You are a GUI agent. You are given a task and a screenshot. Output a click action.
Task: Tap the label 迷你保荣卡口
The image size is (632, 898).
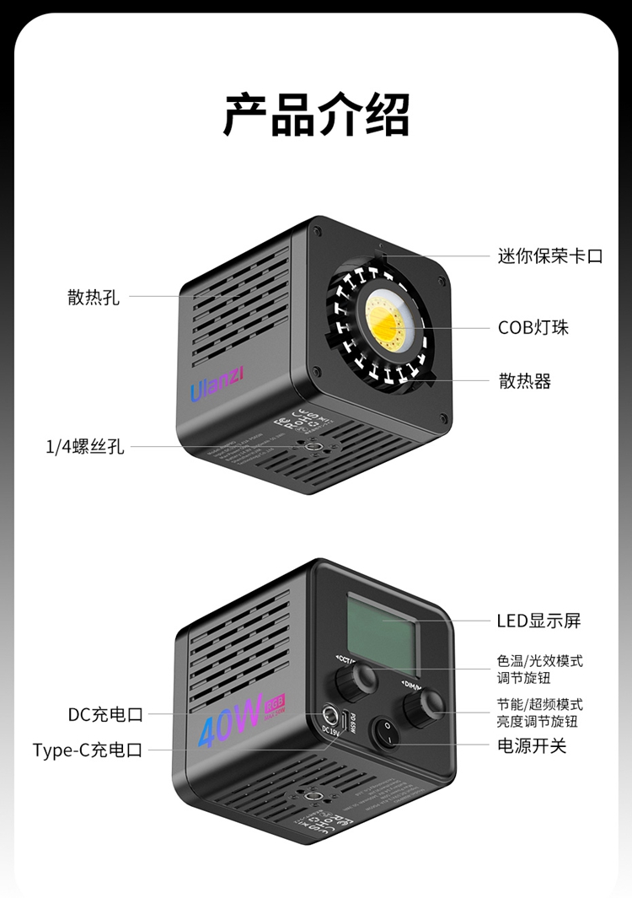point(550,256)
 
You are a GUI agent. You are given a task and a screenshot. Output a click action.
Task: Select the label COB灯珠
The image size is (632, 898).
point(533,327)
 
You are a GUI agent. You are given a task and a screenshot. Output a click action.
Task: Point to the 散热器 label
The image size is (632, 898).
point(525,381)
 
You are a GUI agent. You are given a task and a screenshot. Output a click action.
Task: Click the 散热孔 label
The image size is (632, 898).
point(94,297)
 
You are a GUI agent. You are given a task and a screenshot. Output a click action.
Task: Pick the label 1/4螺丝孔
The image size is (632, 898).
point(84,447)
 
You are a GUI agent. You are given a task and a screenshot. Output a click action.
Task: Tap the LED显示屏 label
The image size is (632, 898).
point(538,621)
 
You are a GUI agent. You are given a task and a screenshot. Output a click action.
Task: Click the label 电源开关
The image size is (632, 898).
point(532,745)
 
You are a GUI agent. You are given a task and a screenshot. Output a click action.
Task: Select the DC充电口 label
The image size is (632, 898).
point(105,715)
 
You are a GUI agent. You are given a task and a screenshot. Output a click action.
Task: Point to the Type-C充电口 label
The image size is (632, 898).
point(88,750)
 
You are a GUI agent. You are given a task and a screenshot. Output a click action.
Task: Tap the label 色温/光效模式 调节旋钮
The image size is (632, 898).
point(539,669)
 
